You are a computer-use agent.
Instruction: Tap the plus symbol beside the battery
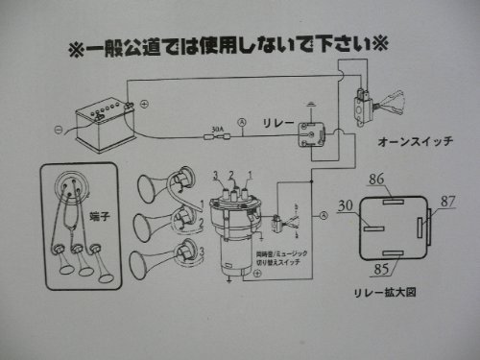[144, 103]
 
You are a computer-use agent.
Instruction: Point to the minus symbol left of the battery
[59, 129]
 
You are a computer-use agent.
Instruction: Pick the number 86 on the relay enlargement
[376, 179]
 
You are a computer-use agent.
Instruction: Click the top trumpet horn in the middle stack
[158, 190]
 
